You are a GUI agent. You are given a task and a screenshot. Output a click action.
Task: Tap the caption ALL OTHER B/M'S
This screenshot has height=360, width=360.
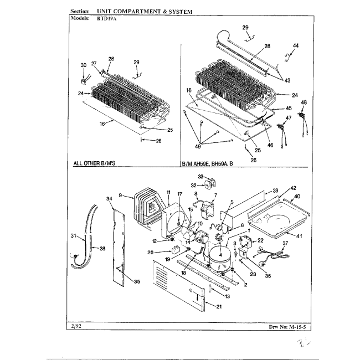tap(96, 164)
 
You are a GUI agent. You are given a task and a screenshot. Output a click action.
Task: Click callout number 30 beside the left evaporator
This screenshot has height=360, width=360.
tap(83, 65)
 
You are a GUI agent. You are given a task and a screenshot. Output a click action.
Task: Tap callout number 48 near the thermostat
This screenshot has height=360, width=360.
tap(304, 103)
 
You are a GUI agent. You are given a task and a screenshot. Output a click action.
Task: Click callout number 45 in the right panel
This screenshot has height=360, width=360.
tap(289, 108)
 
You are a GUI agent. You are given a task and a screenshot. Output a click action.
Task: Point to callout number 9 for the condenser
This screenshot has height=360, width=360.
tap(121, 195)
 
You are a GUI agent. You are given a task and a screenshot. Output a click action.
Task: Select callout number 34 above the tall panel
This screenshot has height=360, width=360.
tap(109, 198)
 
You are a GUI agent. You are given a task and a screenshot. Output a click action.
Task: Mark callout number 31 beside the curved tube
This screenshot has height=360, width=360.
tap(74, 236)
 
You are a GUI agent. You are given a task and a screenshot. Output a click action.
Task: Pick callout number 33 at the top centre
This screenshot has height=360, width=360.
tap(201, 176)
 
